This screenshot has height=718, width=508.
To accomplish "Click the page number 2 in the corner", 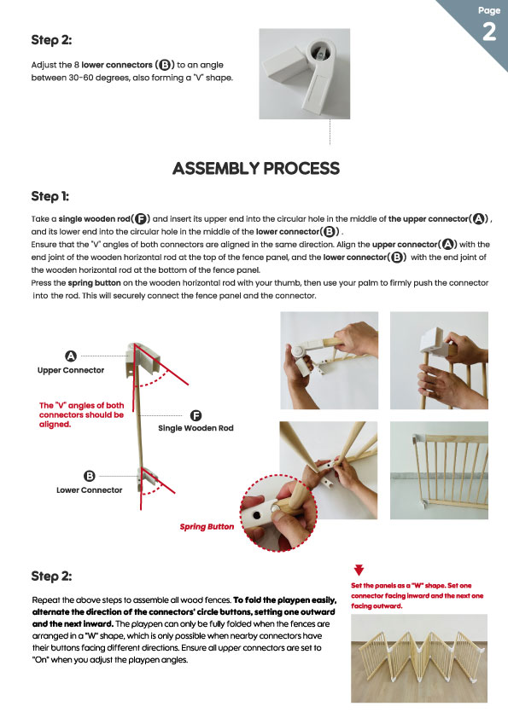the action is point(489,32).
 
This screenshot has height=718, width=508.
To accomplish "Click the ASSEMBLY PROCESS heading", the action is point(256,169).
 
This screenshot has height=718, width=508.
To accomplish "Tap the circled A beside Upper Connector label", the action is point(71,356).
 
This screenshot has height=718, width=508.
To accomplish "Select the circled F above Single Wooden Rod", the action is point(196,415).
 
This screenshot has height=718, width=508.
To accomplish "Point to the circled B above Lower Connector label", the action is point(90,476).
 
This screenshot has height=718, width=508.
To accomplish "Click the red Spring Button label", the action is point(207,527).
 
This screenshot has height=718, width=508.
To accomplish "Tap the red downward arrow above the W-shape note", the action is point(359,570).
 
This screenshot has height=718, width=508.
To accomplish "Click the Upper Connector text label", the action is point(71,370).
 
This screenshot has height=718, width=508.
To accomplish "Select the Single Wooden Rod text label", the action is point(196,428).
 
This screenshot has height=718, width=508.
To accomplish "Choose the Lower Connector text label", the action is point(90,490).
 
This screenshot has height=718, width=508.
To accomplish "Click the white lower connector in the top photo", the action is point(305,73).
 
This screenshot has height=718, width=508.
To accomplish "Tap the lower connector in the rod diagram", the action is point(147,480).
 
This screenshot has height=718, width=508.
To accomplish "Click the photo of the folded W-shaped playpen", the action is point(419,658).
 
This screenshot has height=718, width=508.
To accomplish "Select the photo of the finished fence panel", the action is point(439,470).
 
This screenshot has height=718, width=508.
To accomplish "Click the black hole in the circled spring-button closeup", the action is point(257,516).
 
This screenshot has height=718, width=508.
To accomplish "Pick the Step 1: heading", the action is point(50,196).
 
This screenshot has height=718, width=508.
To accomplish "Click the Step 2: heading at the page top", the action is point(51,40).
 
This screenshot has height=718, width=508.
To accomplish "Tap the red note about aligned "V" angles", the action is point(82,415).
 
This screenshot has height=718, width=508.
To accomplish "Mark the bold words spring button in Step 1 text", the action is point(95,283).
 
